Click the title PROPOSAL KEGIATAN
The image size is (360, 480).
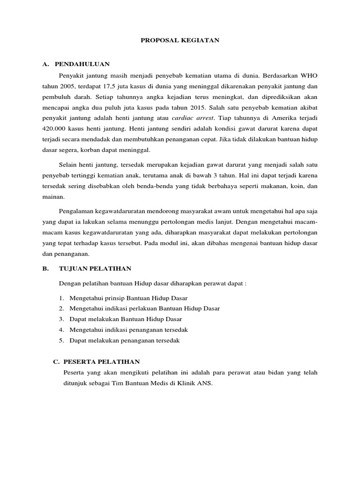pos(180,41)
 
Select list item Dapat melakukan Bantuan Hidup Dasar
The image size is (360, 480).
pos(119,319)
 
